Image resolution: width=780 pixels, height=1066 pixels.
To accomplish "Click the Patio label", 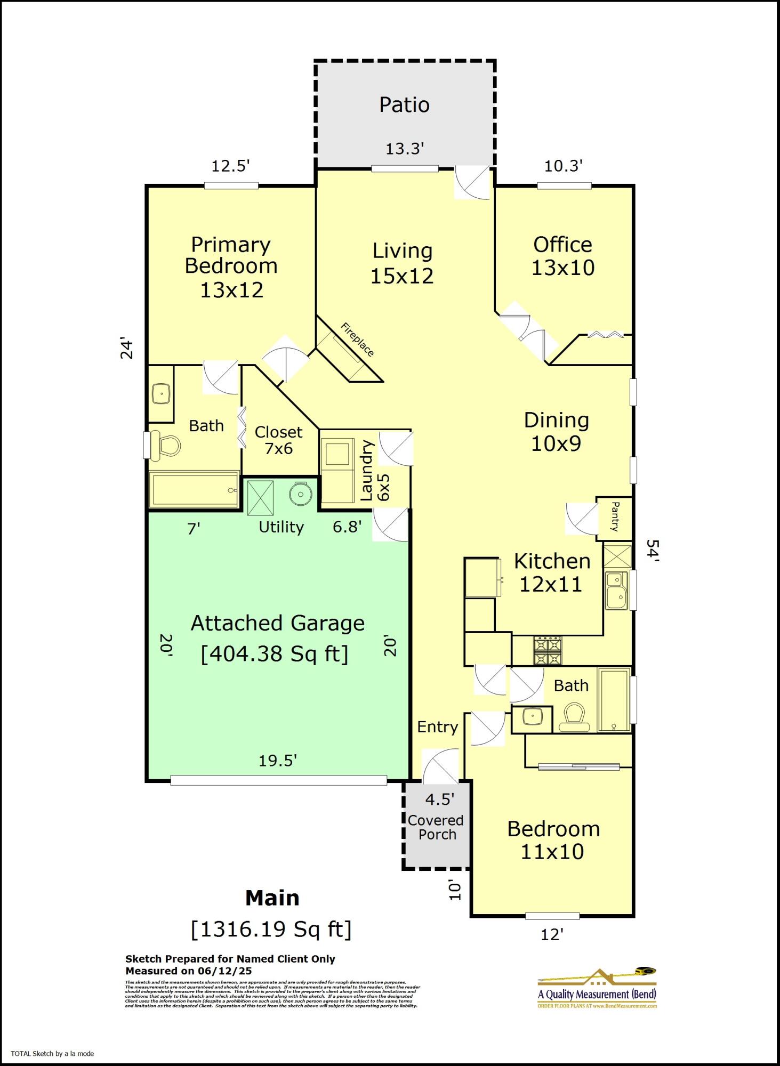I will click(x=404, y=105).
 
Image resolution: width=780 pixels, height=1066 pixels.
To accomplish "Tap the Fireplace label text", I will click(x=357, y=340).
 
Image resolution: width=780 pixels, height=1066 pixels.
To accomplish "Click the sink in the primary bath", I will click(x=161, y=394).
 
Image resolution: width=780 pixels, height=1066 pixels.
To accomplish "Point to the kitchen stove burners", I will click(x=548, y=651).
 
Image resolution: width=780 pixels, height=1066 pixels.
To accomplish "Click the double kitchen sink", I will click(x=617, y=591).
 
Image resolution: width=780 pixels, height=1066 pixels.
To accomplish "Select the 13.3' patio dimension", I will click(x=405, y=149).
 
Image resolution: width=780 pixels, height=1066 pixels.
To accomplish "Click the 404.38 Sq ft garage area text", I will click(x=275, y=653).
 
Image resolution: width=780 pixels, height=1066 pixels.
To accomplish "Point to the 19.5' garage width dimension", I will click(x=277, y=761).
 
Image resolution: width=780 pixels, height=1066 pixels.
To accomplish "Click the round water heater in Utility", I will click(x=301, y=494).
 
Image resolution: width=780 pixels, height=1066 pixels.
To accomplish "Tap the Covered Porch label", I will click(x=436, y=827).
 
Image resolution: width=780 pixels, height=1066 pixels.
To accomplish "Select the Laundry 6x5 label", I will click(x=375, y=471).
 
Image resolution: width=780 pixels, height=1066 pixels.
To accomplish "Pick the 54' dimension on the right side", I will click(x=653, y=551).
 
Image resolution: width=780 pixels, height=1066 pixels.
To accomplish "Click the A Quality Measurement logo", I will click(x=597, y=989).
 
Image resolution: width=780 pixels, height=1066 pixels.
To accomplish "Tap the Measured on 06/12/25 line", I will click(x=189, y=971).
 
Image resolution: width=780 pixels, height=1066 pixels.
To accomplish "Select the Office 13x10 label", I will click(x=563, y=256).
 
